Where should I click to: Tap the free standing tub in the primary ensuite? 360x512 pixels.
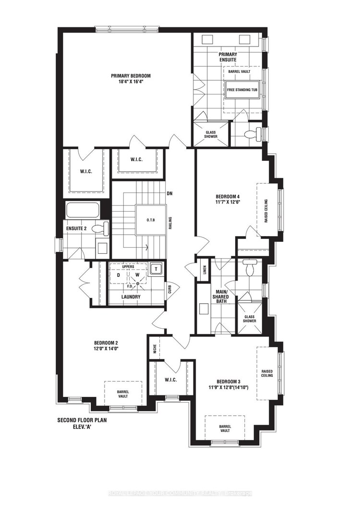pos(243,89)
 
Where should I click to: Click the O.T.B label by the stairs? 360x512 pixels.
pos(151,220)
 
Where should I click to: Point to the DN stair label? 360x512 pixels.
pos(169,193)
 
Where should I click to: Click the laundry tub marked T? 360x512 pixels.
pos(156,269)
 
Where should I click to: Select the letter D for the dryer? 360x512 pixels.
pos(119,275)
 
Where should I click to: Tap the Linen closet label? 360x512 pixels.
pos(205,270)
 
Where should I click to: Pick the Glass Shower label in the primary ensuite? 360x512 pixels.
pos(211,134)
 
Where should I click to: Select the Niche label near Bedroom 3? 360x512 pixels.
pos(155,349)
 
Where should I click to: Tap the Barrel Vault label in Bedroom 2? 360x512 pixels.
pos(123,394)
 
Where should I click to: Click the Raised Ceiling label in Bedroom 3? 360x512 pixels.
pos(267,373)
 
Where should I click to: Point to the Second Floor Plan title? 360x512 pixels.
pos(82,420)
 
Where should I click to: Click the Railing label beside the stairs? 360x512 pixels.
pos(170,223)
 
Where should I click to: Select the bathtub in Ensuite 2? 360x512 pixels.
pos(83,211)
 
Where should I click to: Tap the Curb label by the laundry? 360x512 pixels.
pos(169,289)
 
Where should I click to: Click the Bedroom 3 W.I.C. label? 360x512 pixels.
pos(171,380)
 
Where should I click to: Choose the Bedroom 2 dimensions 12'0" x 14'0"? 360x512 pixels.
pos(106,348)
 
